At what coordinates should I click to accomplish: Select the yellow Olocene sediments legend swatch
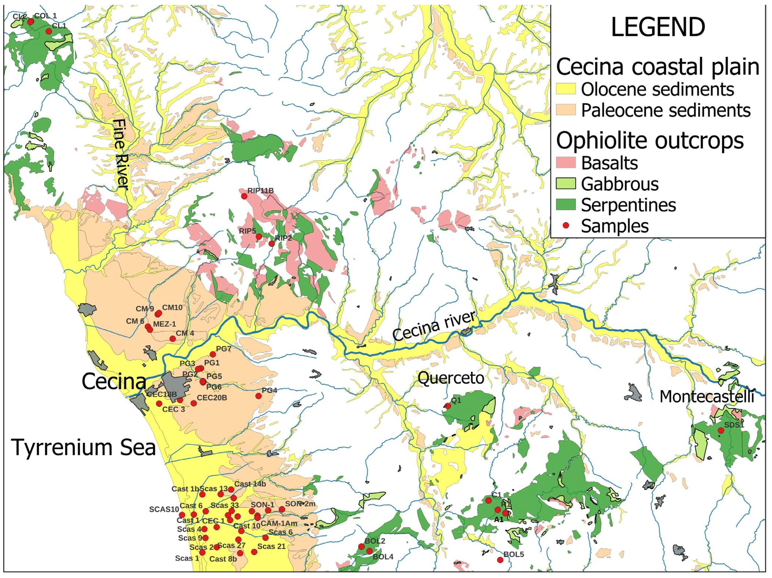[565, 89]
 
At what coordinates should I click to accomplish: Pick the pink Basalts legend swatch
[565, 163]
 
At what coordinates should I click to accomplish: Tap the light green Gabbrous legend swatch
[565, 184]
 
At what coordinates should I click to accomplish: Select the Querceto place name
[451, 378]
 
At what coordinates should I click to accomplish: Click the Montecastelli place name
[707, 397]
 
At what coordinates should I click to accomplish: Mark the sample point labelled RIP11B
[244, 196]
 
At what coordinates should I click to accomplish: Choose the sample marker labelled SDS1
[721, 430]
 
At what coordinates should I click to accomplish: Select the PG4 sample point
[258, 396]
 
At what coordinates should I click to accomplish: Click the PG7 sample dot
[213, 354]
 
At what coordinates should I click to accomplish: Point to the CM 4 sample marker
[172, 338]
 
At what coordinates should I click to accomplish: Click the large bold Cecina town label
[114, 382]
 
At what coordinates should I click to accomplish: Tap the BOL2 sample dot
[361, 546]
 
